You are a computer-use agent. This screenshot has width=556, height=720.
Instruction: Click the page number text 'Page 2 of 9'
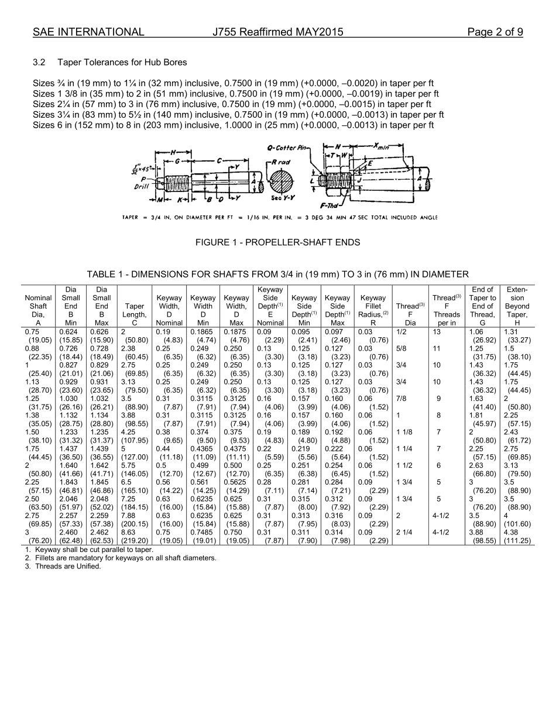495,32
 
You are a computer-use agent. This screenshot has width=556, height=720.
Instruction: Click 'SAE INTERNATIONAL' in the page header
88,32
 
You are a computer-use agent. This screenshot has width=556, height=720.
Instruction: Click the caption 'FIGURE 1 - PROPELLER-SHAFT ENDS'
277,242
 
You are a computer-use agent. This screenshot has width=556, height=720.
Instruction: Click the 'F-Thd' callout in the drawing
331,206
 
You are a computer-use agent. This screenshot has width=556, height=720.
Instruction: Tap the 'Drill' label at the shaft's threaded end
141,187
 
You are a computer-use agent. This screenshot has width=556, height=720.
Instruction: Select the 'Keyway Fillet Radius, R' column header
373,310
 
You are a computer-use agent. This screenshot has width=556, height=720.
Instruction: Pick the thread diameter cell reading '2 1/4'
404,533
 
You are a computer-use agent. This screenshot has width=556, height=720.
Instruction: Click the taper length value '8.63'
128,533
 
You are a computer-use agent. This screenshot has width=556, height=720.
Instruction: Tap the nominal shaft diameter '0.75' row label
32,332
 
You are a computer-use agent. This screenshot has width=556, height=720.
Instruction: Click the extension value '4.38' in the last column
511,533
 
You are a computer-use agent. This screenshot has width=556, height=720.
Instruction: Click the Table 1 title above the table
277,274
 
